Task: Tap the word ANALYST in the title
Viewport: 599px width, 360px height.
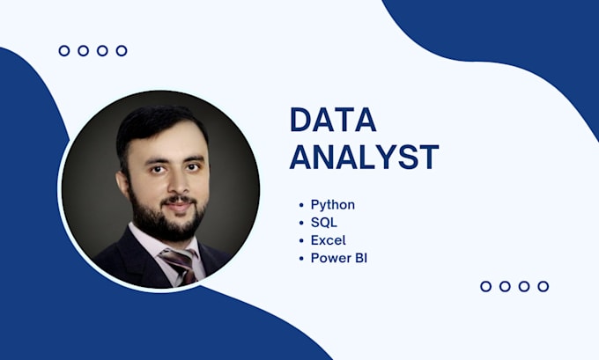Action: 364,157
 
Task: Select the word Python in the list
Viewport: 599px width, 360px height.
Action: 332,205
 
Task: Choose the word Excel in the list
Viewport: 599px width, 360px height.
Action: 328,240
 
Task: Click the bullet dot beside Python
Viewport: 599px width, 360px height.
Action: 301,205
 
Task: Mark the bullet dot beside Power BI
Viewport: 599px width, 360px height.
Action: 301,258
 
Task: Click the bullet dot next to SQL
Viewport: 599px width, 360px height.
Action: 301,223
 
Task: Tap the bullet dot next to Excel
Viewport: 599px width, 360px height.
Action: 301,240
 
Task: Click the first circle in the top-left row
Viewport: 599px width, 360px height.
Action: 64,51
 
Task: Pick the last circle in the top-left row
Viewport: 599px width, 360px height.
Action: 122,51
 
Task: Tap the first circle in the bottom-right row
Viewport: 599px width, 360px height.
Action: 486,286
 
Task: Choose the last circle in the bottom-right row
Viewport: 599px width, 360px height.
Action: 544,286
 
